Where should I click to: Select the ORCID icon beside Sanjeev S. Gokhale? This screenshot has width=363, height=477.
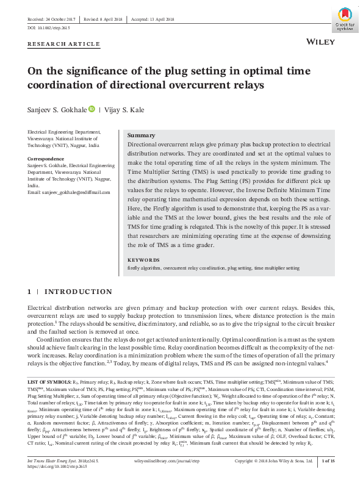(92, 109)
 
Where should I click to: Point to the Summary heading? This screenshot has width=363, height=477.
(141, 135)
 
